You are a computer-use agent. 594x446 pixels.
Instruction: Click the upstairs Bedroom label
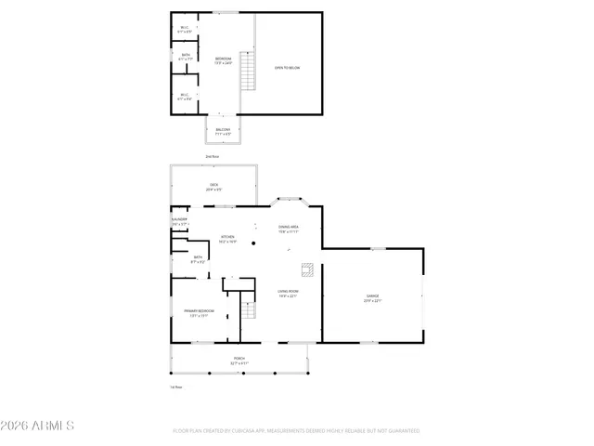(x=223, y=60)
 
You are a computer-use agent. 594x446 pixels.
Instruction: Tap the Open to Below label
(x=287, y=68)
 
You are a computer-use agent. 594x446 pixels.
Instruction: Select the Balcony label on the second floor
(x=223, y=131)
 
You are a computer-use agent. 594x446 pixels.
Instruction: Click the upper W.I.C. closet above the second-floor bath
(x=185, y=30)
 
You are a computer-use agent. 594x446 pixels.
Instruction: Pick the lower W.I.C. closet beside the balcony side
(x=185, y=96)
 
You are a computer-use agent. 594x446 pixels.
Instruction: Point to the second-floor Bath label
(x=186, y=57)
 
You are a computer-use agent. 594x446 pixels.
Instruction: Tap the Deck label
(x=213, y=187)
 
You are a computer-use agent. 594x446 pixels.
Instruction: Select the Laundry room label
(x=180, y=221)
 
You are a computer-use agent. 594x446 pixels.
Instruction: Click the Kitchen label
(x=227, y=238)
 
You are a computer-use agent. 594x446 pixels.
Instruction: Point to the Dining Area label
(x=288, y=229)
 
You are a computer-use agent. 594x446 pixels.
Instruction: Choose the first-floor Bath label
(x=198, y=259)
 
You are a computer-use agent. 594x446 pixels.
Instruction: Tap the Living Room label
(x=287, y=294)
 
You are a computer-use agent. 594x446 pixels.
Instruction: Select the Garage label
(x=371, y=297)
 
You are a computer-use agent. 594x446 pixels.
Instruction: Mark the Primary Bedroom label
(x=199, y=312)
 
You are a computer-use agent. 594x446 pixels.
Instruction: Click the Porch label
(x=239, y=360)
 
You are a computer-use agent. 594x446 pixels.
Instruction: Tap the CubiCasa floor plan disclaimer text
(x=297, y=431)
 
